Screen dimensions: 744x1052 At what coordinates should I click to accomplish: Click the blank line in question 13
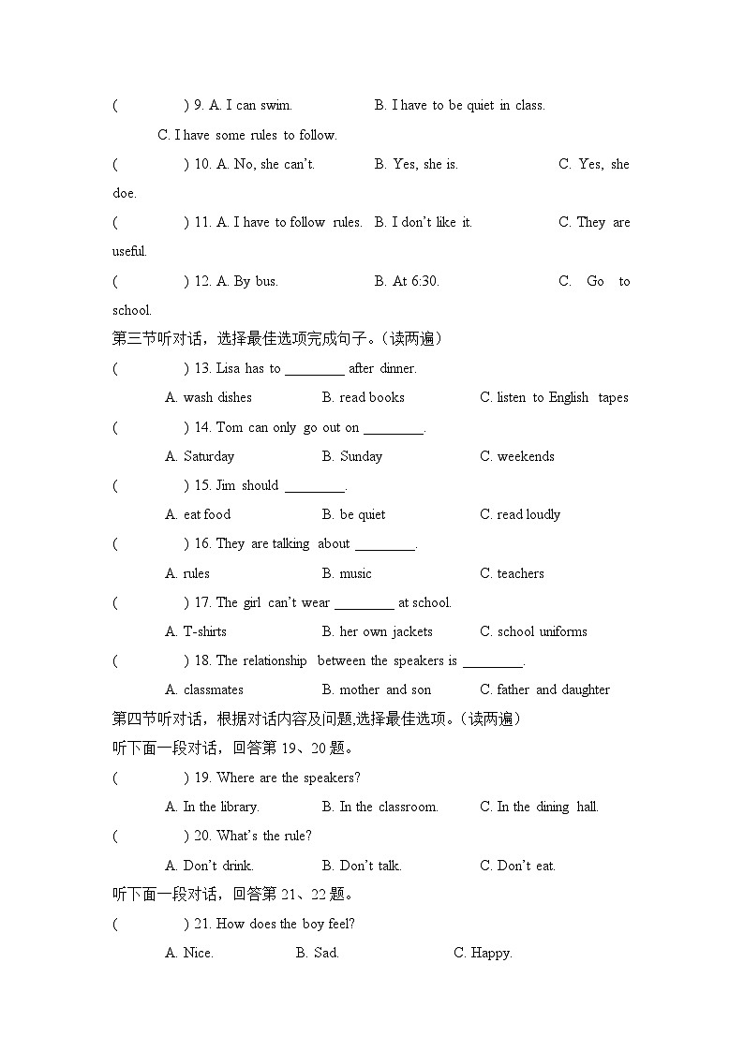(314, 369)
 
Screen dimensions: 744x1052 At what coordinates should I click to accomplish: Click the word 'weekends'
(525, 457)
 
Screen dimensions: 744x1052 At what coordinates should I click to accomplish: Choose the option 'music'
(355, 573)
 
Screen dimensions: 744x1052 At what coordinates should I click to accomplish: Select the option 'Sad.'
(326, 954)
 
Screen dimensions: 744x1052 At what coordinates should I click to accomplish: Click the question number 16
(202, 544)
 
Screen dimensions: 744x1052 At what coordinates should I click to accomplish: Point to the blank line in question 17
(364, 603)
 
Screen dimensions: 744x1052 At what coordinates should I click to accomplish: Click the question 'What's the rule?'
(264, 837)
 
